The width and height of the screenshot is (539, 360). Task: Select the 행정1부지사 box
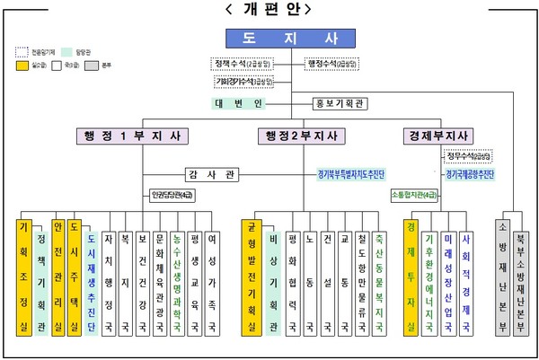132,136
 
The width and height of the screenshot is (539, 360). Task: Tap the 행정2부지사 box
301,136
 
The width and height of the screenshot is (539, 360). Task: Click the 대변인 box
238,103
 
